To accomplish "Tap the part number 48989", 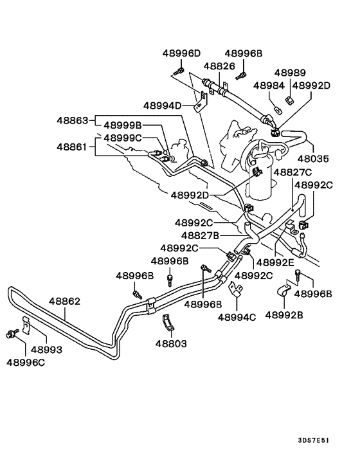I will tap(291, 73).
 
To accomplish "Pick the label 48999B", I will tap(122, 126).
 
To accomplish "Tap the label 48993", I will tap(46, 350).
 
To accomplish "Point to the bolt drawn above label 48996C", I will tap(12, 333).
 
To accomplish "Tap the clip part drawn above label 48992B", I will tap(283, 292).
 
